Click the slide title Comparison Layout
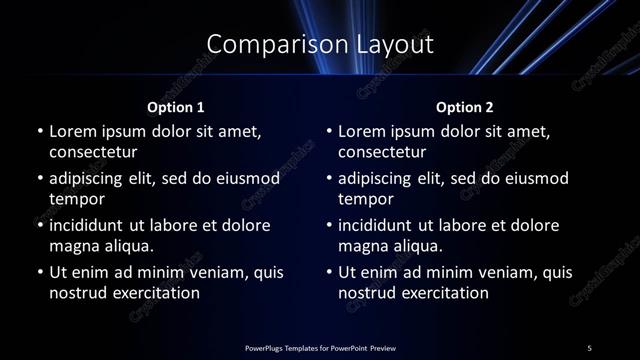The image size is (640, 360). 319,44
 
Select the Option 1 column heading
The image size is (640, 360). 176,107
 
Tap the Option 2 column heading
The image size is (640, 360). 465,107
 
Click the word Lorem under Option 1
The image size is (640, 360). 71,131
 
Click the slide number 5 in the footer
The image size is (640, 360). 590,348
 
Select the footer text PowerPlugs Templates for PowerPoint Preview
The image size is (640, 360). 320,348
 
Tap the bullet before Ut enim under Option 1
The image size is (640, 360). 39,272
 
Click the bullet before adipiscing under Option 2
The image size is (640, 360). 328,178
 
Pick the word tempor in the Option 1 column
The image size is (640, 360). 73,199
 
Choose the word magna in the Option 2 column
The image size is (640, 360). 362,246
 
